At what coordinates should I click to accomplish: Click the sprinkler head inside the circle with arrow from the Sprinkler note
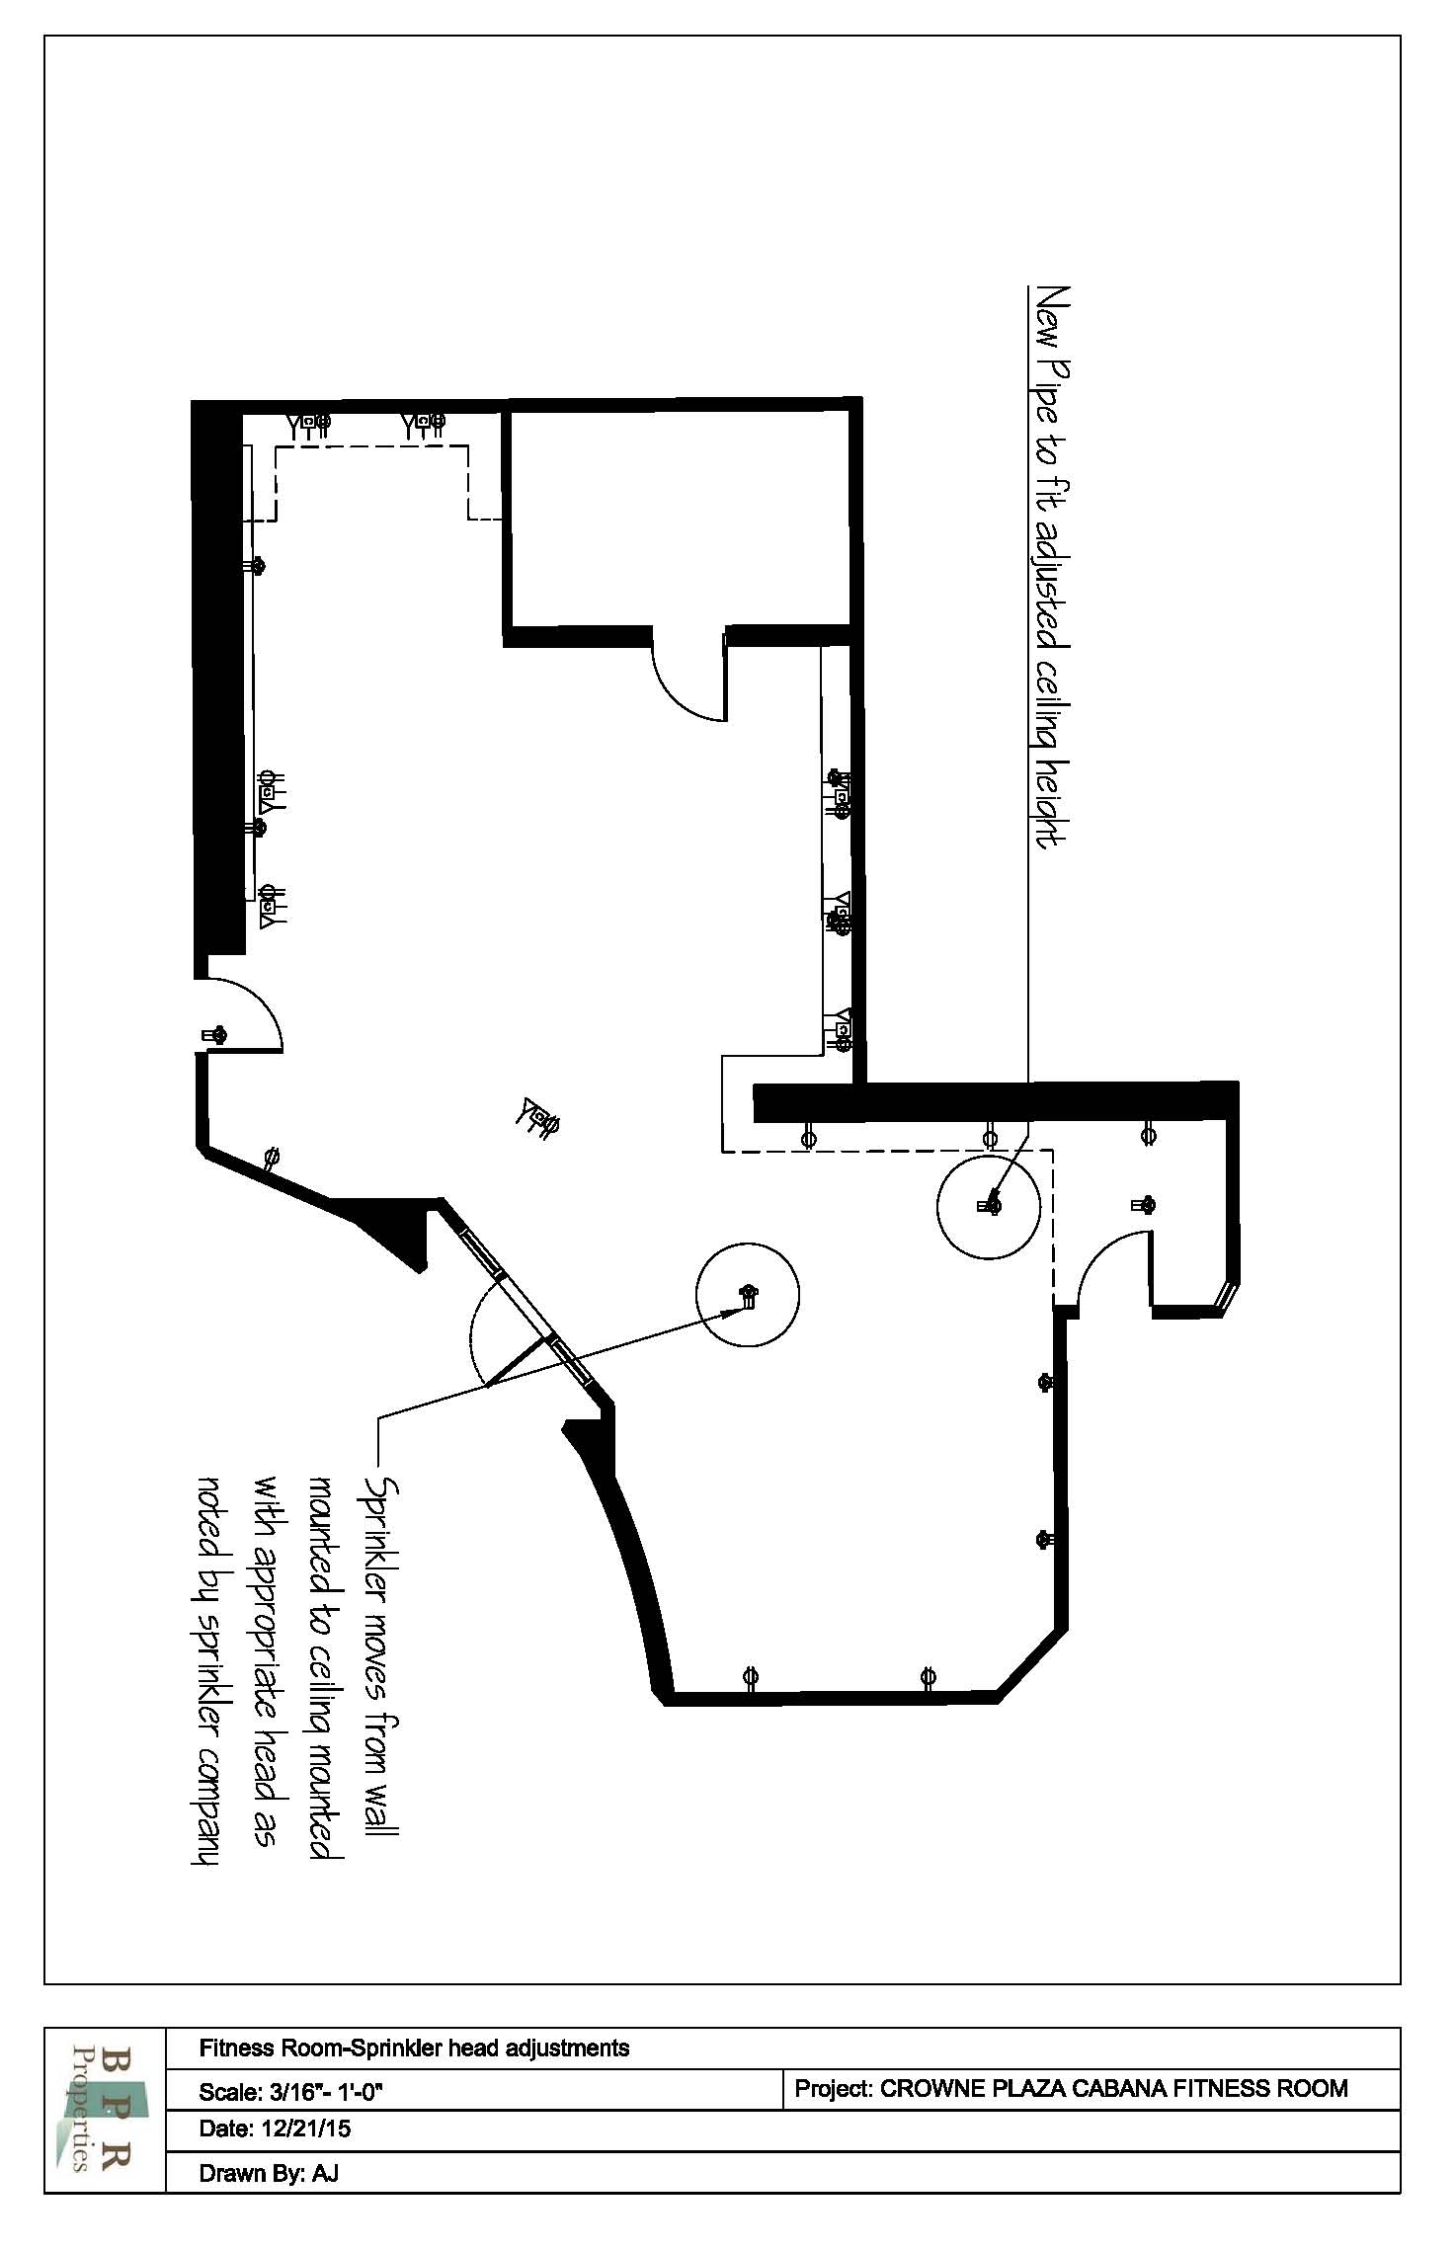tap(748, 1296)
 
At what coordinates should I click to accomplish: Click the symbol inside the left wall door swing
tap(214, 1035)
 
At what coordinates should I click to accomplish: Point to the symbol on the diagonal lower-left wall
tap(270, 1157)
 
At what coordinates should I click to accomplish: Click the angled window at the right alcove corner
tap(1227, 1296)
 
